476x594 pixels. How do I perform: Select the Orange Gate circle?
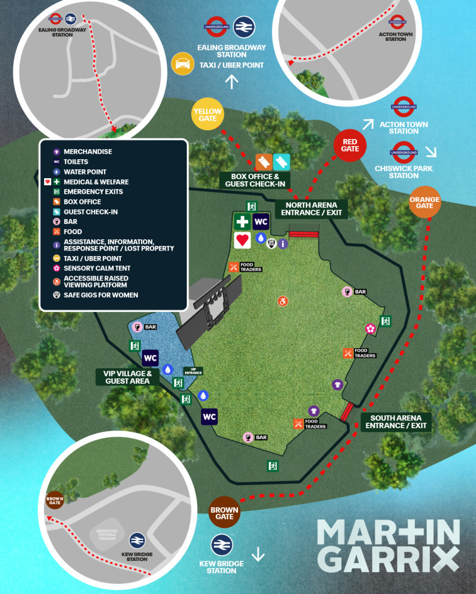pos(425,203)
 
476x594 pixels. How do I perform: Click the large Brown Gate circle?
pos(224,513)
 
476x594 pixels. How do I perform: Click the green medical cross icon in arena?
pos(242,222)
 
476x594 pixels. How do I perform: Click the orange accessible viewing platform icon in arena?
pos(283,301)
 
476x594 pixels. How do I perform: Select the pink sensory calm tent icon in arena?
pos(370,328)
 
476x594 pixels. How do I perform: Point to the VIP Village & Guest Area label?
pos(127,377)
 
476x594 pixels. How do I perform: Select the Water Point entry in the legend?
pos(84,172)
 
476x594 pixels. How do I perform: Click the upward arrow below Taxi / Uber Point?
pos(231,81)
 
